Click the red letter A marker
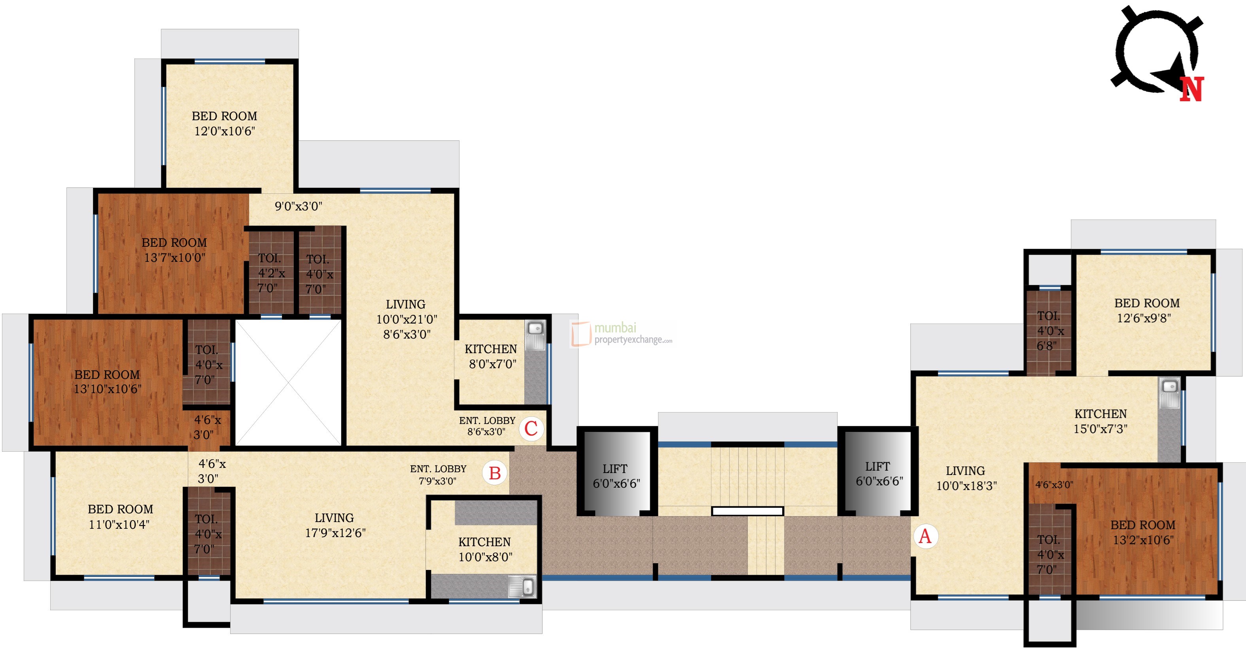pyautogui.click(x=925, y=536)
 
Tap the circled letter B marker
pyautogui.click(x=494, y=473)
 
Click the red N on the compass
pyautogui.click(x=1191, y=89)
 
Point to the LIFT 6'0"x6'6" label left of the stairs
pyautogui.click(x=616, y=476)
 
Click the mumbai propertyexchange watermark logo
pyautogui.click(x=622, y=334)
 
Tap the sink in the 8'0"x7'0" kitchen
pyautogui.click(x=535, y=329)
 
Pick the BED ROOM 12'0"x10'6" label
pyautogui.click(x=225, y=123)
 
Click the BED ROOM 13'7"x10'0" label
pyautogui.click(x=174, y=250)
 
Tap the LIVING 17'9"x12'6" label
pyautogui.click(x=335, y=525)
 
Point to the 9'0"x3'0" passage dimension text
pyautogui.click(x=299, y=206)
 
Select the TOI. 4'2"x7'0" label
pyautogui.click(x=270, y=273)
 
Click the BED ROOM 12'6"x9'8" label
pyautogui.click(x=1146, y=310)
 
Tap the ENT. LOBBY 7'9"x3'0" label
pyautogui.click(x=438, y=475)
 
